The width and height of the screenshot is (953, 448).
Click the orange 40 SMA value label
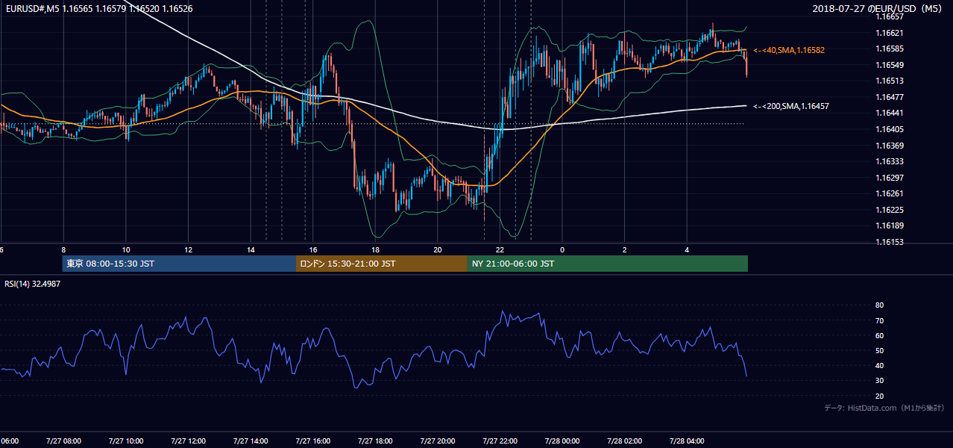pos(789,50)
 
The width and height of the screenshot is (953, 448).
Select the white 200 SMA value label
pos(791,106)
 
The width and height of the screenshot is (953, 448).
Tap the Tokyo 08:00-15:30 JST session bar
pos(179,264)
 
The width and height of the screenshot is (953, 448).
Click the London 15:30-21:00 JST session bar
pos(382,264)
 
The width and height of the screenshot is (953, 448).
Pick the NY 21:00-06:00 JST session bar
pos(608,264)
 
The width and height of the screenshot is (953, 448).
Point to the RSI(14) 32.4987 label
pos(32,284)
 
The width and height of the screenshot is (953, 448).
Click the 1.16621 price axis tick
pos(889,33)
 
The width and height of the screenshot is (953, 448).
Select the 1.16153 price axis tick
pos(889,242)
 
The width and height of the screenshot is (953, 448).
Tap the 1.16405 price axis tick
pos(889,129)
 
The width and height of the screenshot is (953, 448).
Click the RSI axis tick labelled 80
pos(879,305)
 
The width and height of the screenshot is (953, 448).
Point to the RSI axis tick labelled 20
pos(879,396)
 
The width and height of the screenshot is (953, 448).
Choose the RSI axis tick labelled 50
pos(879,350)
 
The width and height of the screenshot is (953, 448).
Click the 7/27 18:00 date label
pos(375,441)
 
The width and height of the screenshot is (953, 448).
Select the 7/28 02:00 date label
pos(625,441)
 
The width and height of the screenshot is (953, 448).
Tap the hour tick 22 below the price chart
pos(500,250)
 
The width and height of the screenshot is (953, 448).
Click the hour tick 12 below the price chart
pos(189,250)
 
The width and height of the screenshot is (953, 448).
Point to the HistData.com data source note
pos(884,408)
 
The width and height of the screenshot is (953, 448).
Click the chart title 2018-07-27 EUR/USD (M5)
pos(877,8)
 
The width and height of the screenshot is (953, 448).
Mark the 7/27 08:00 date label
pos(64,441)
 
